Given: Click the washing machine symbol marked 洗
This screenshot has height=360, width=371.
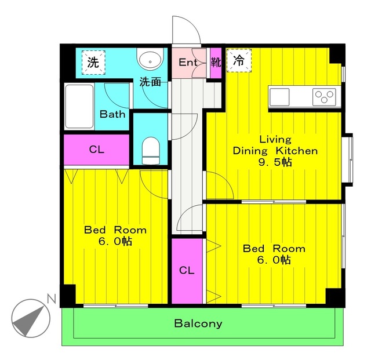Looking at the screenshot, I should [x=93, y=62].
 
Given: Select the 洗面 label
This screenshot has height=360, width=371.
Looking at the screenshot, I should [x=150, y=82].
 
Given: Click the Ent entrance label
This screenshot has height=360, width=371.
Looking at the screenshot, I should [x=188, y=63].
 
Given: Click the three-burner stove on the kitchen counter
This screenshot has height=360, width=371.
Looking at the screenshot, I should [x=325, y=96].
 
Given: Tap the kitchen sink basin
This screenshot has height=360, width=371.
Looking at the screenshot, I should [x=279, y=96].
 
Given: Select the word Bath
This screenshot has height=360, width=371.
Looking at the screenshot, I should [x=112, y=114].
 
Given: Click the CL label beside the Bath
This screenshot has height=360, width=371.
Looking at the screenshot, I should [x=96, y=150].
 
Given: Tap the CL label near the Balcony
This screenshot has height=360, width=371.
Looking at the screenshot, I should [x=186, y=270].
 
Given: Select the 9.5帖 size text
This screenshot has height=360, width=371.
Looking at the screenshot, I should [x=275, y=162].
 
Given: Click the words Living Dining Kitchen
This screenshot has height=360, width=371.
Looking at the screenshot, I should [x=275, y=145].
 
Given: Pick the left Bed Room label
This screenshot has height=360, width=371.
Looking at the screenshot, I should [x=115, y=230].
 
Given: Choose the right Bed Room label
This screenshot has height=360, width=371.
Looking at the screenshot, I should [x=274, y=249].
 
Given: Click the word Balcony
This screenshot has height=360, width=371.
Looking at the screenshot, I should [x=198, y=323].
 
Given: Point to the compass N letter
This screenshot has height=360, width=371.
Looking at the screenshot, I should [x=51, y=299].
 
